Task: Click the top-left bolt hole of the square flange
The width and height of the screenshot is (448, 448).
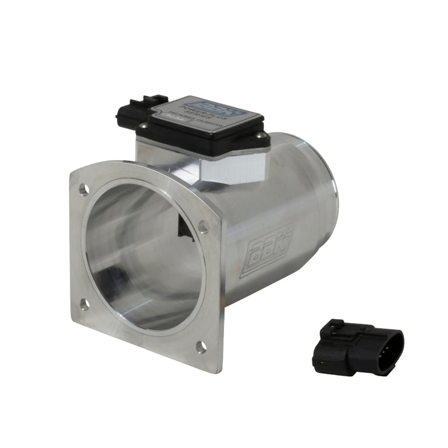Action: [83, 190]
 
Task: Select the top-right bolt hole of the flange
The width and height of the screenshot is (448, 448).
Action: [203, 227]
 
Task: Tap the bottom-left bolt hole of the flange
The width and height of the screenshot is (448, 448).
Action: [85, 304]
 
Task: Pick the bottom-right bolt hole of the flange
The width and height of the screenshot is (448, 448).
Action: [200, 347]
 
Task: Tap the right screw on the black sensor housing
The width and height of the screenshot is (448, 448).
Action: [259, 135]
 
